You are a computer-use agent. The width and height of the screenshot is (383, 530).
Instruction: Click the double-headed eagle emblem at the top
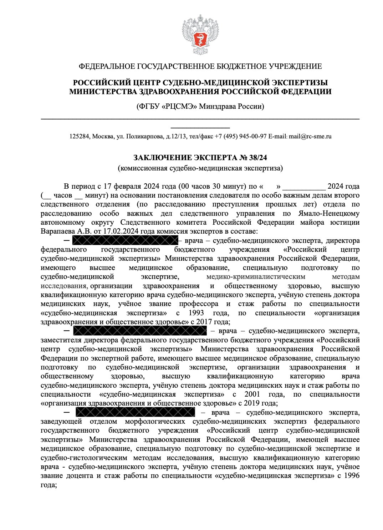200,34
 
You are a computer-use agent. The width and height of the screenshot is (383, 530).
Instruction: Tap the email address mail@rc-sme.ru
310,136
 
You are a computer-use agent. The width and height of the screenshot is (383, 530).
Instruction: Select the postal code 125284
80,136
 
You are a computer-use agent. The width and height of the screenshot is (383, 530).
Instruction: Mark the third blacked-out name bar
135,412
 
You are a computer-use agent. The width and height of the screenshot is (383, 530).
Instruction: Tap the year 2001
252,394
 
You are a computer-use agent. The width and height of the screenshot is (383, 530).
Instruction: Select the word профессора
199,304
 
